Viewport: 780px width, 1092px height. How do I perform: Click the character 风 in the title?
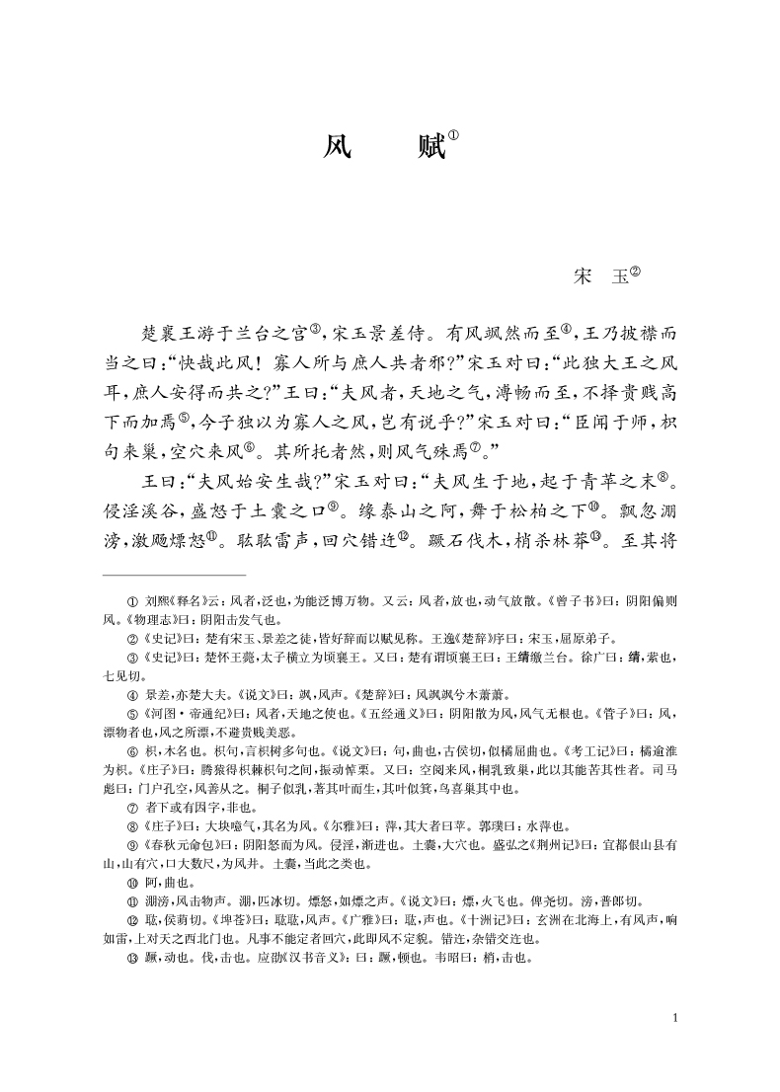[338, 150]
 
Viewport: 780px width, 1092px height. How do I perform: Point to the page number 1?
[673, 1018]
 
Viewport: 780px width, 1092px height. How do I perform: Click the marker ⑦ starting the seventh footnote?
[132, 806]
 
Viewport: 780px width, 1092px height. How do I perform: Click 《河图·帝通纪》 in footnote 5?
[189, 684]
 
